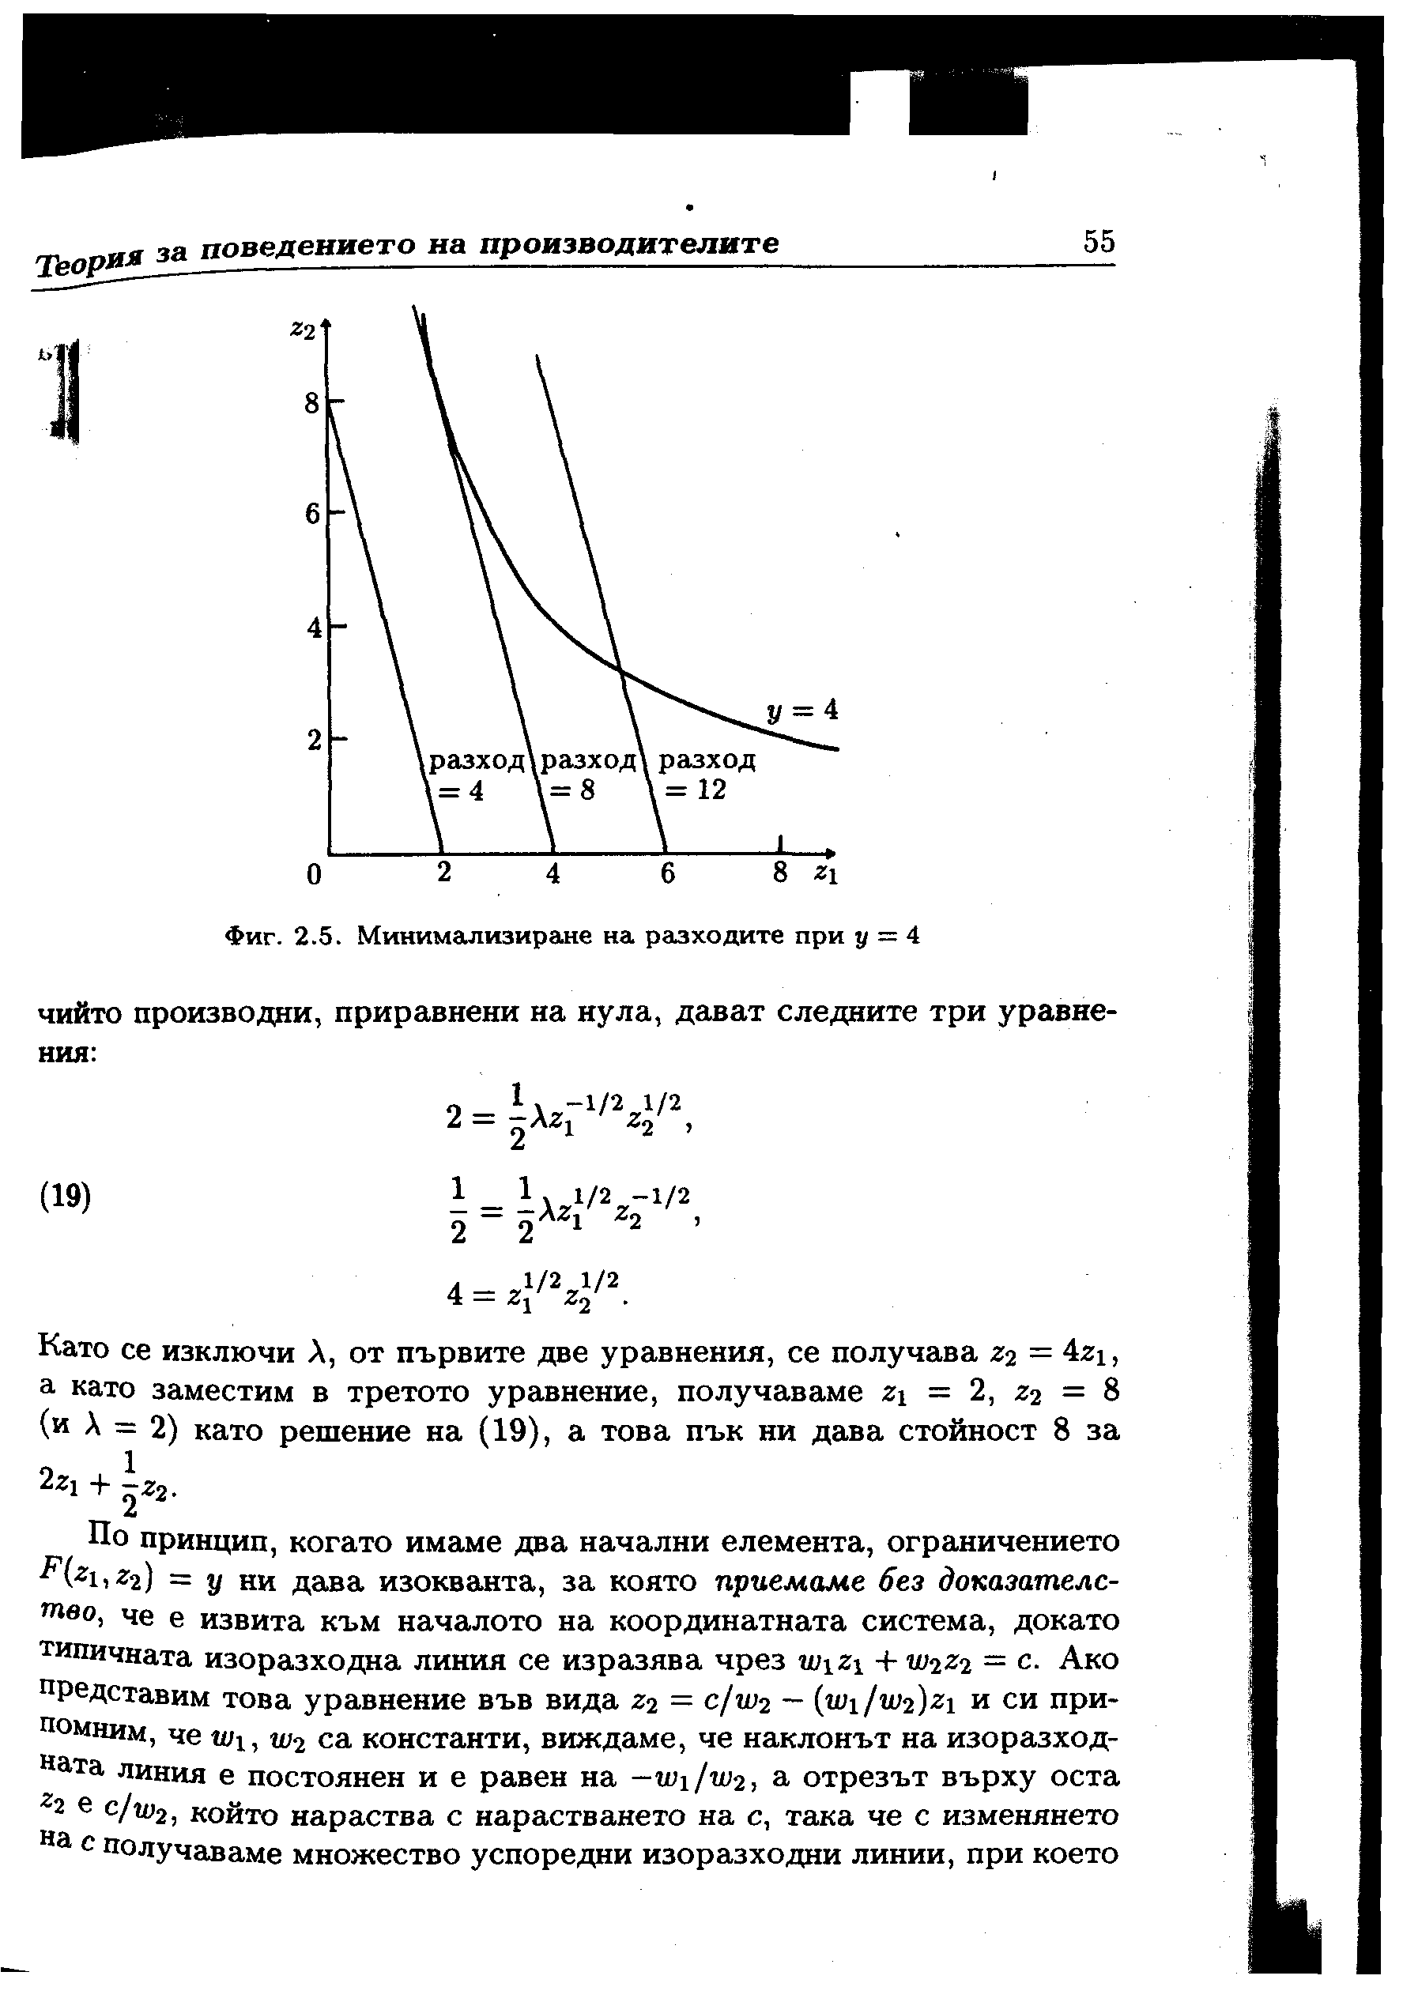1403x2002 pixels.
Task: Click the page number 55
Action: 1099,242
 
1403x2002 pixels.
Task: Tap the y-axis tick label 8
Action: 311,405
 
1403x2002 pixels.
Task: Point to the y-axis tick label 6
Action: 312,515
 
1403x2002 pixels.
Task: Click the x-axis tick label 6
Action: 667,873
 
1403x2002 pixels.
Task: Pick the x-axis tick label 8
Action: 780,872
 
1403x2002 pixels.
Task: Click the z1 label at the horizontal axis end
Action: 825,873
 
